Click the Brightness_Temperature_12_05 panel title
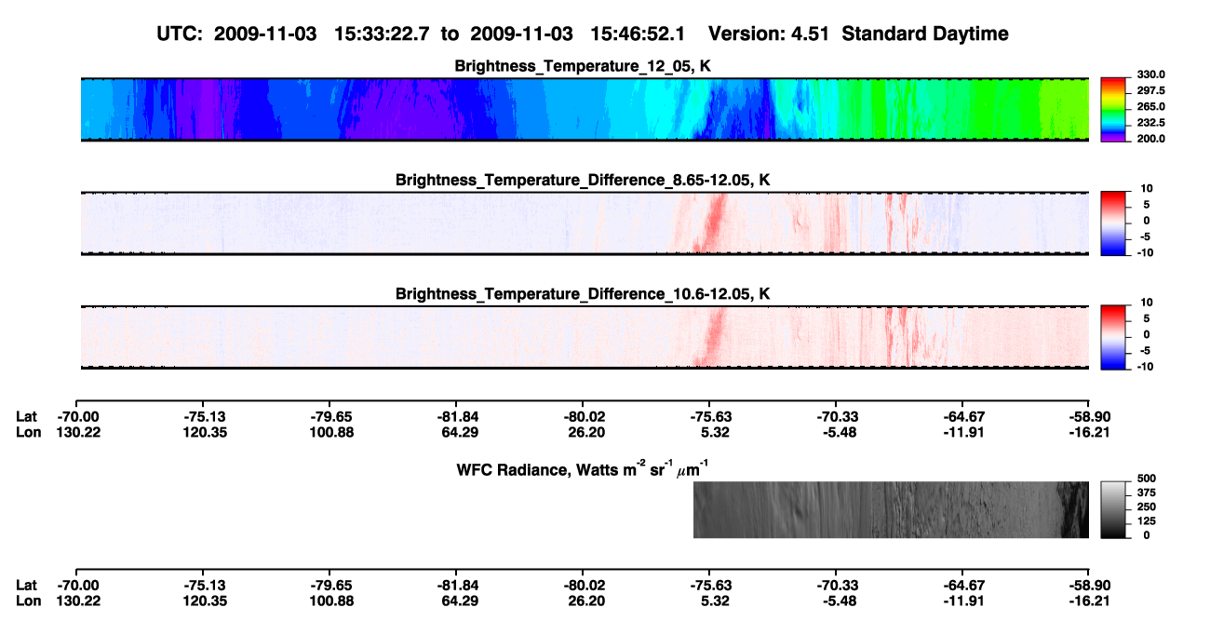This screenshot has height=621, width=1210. click(x=583, y=66)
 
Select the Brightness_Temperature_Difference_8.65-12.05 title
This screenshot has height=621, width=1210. click(x=583, y=180)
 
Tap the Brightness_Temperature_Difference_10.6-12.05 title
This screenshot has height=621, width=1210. click(x=583, y=294)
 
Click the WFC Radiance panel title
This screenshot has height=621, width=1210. click(x=583, y=468)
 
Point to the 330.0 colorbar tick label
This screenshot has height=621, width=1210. click(x=1150, y=74)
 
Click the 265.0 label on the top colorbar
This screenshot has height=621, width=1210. click(x=1150, y=106)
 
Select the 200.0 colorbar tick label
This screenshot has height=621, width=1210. click(x=1150, y=139)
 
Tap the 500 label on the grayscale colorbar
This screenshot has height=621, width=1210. click(x=1147, y=479)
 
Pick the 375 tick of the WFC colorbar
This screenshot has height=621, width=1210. click(x=1147, y=493)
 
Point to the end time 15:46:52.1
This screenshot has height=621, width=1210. click(x=638, y=34)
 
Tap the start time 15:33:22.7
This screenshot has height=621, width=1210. click(x=382, y=34)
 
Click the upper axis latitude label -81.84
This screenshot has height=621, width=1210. click(x=458, y=417)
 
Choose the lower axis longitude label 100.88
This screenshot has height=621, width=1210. click(x=331, y=601)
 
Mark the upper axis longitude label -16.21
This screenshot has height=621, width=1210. click(x=1089, y=432)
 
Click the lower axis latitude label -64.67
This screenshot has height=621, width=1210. click(x=963, y=586)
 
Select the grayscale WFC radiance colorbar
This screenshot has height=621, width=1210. click(x=1113, y=509)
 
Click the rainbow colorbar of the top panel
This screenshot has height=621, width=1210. click(x=1113, y=110)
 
